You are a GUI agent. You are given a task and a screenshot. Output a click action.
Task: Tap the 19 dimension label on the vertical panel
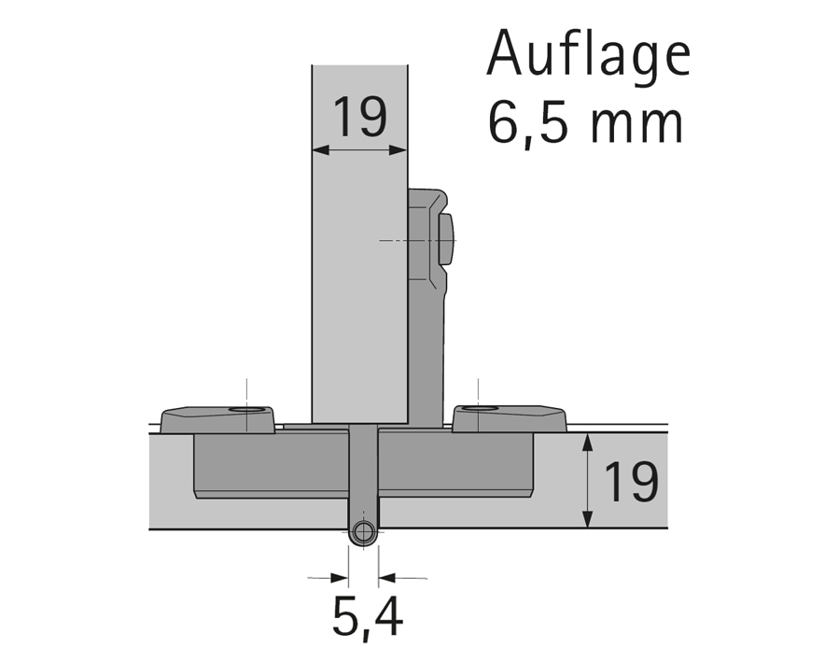click(x=359, y=118)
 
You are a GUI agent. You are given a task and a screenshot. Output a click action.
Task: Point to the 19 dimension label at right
click(x=631, y=482)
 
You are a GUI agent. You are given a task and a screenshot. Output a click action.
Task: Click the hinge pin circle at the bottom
click(x=364, y=534)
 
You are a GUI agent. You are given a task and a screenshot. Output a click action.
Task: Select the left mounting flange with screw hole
click(x=217, y=419)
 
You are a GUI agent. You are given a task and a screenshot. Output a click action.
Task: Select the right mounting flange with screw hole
click(x=509, y=418)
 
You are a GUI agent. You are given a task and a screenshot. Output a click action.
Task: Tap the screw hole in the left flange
click(x=246, y=410)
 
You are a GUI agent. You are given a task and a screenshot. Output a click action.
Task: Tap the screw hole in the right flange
click(x=479, y=409)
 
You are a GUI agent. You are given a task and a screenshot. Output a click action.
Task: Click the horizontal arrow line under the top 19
click(x=359, y=148)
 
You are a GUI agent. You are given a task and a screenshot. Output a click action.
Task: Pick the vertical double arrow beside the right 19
click(x=587, y=481)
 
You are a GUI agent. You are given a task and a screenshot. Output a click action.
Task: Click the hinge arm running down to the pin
click(x=363, y=476)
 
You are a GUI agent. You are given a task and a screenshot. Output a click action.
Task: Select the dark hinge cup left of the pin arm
click(x=271, y=465)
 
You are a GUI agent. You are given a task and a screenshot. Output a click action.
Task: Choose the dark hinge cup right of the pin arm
click(x=454, y=465)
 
